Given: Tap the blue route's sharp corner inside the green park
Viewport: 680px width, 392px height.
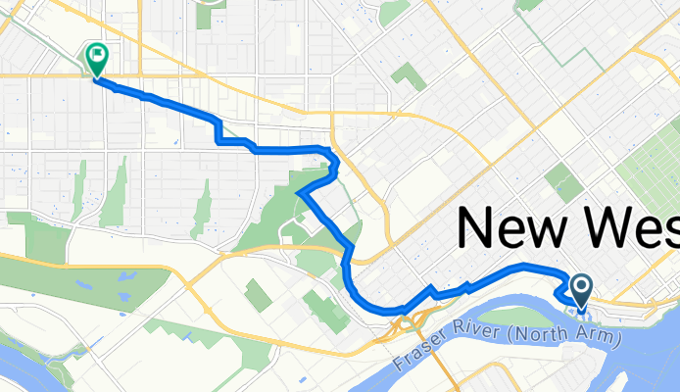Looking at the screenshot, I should [x=299, y=193].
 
